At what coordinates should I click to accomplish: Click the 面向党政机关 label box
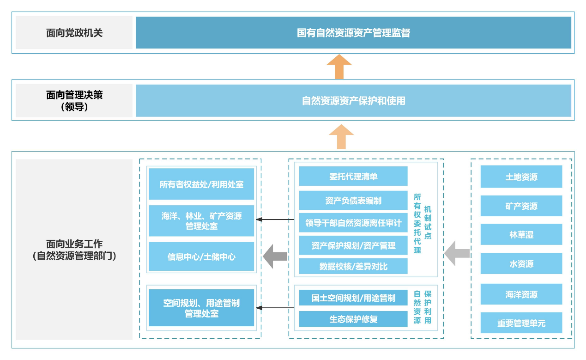point(74,33)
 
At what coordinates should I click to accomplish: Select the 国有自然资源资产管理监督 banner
point(353,33)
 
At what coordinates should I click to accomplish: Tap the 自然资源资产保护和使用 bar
point(353,100)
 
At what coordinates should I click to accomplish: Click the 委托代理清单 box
point(353,177)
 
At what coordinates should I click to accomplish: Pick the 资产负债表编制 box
point(353,201)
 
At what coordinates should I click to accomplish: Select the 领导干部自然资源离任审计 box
point(353,223)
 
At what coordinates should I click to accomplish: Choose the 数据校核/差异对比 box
point(353,266)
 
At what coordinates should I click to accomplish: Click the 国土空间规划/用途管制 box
point(353,298)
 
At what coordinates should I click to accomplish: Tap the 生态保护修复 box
point(353,319)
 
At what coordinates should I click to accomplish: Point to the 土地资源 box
point(521,177)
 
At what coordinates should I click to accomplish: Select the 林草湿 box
point(521,235)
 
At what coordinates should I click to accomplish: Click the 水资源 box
point(521,264)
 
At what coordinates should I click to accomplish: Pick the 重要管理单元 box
point(521,323)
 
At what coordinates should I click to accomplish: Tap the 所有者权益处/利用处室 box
point(201,184)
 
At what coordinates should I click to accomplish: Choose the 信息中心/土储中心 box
point(201,256)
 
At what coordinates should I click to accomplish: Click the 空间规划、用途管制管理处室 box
point(201,308)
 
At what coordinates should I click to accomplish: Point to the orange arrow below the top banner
point(339,67)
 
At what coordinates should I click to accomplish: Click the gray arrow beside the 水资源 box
point(457,253)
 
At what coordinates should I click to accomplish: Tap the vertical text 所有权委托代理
point(417,224)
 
